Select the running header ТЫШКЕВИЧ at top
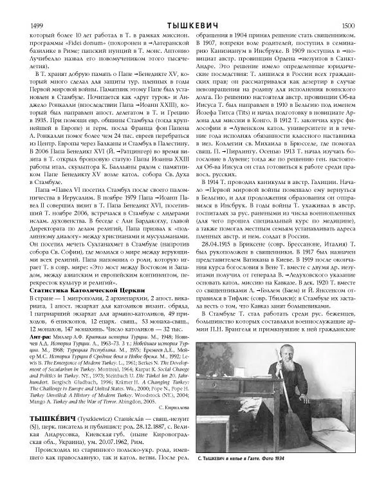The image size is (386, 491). [192, 7]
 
